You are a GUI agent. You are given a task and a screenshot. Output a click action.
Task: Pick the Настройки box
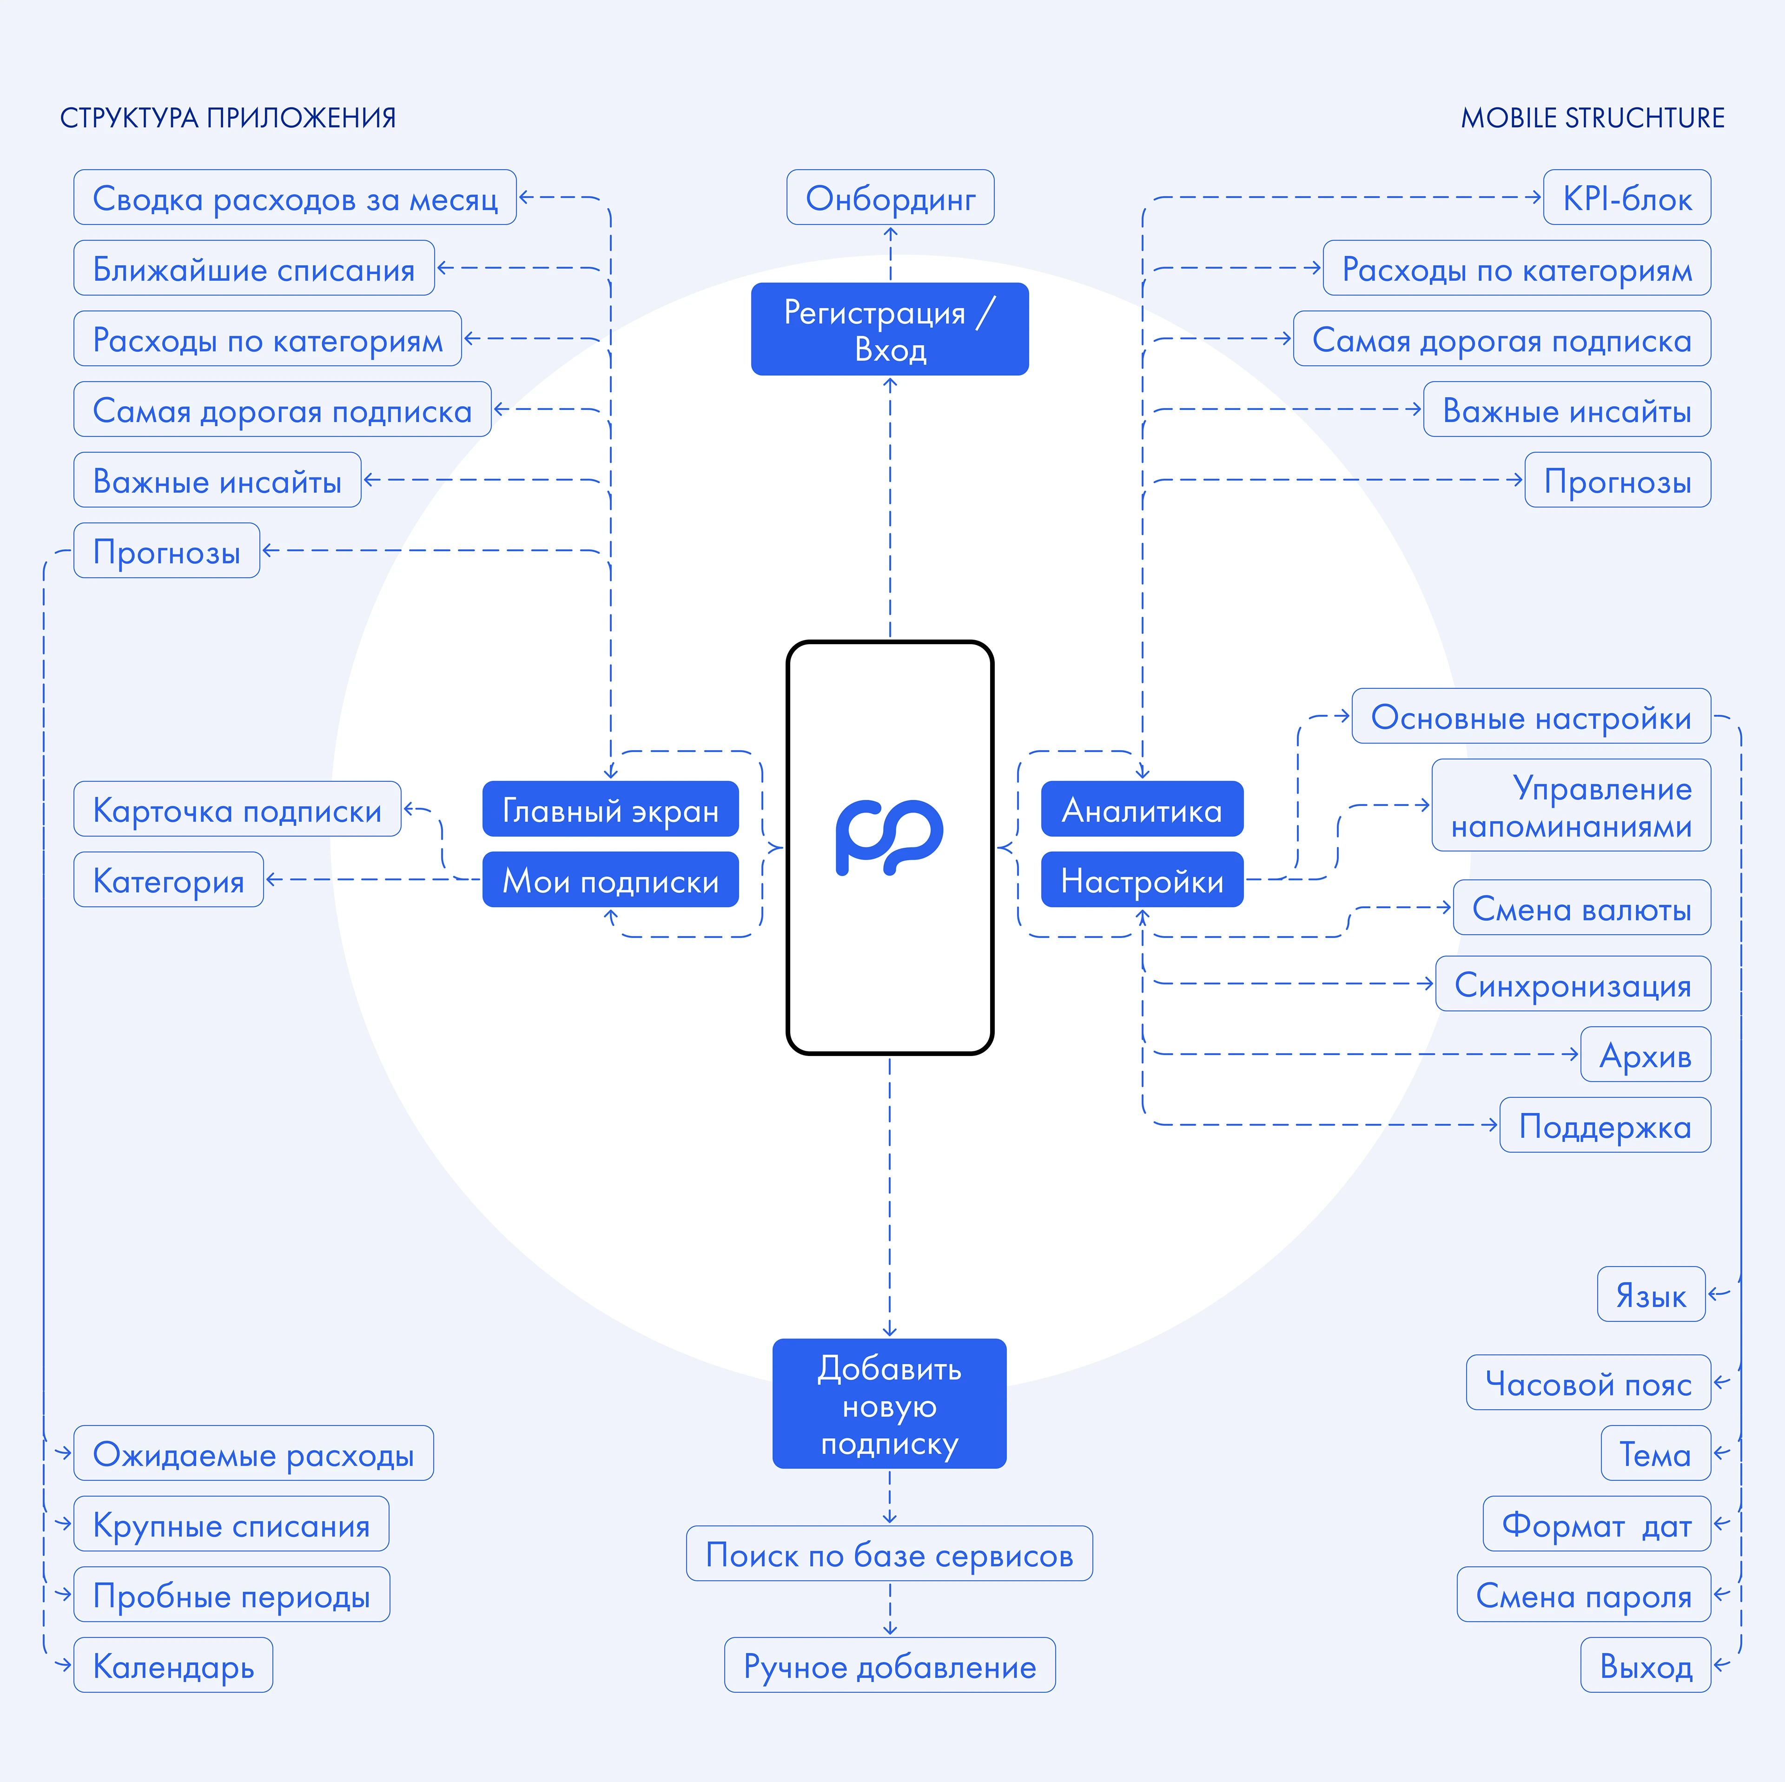1142,880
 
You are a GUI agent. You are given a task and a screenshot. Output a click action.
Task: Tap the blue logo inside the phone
889,836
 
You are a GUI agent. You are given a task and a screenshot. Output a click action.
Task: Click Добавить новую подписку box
889,1404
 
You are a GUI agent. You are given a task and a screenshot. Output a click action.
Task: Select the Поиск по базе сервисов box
889,1555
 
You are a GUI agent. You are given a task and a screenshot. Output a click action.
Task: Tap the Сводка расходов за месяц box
295,198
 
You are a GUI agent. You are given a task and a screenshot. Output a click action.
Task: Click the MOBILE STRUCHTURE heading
1592,118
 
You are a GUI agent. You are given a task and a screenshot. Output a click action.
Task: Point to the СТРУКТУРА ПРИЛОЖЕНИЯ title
228,118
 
